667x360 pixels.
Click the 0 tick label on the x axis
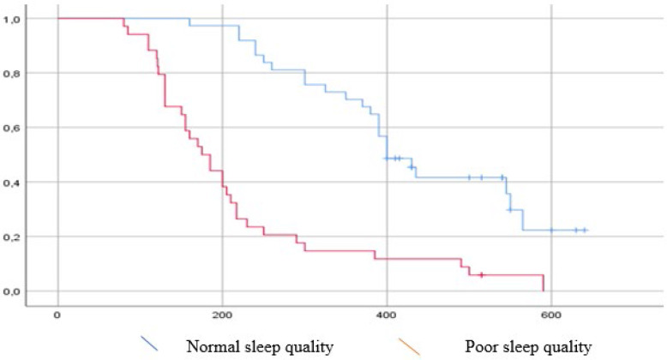tap(57, 315)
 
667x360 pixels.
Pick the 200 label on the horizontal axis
tap(222, 315)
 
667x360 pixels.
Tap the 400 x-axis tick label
tap(387, 315)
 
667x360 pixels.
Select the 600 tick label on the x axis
tap(551, 315)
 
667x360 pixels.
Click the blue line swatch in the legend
tap(149, 344)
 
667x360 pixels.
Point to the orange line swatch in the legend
tap(408, 346)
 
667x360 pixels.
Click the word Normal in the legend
tap(213, 347)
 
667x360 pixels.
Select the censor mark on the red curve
tap(481, 275)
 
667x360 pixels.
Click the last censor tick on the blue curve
tap(585, 231)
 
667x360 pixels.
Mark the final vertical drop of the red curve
tap(544, 283)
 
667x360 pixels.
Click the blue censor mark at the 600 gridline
tap(551, 231)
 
